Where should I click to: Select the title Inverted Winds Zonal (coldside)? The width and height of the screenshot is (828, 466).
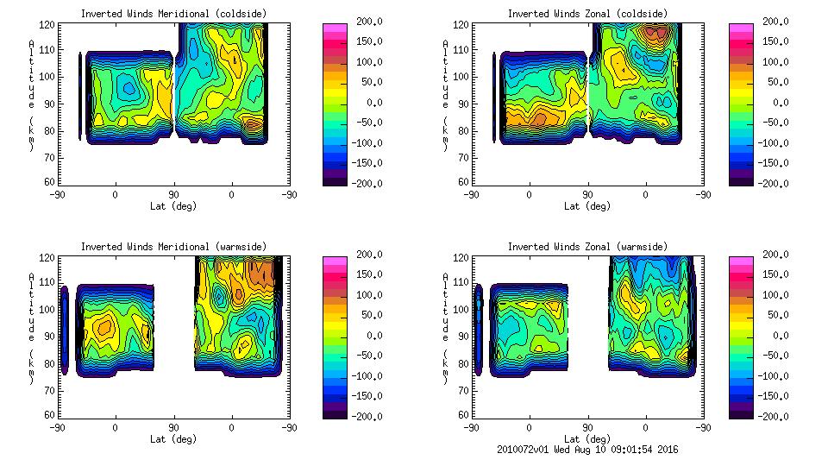coord(587,14)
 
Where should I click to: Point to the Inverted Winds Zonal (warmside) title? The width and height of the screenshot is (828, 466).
coord(587,247)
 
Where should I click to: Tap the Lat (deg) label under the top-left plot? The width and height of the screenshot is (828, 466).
coord(173,206)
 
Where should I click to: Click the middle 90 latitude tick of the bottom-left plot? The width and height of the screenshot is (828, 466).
coord(173,427)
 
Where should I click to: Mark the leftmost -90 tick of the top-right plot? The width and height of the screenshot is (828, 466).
coord(471,195)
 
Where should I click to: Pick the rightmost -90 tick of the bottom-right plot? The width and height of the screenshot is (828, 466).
coord(704,427)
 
